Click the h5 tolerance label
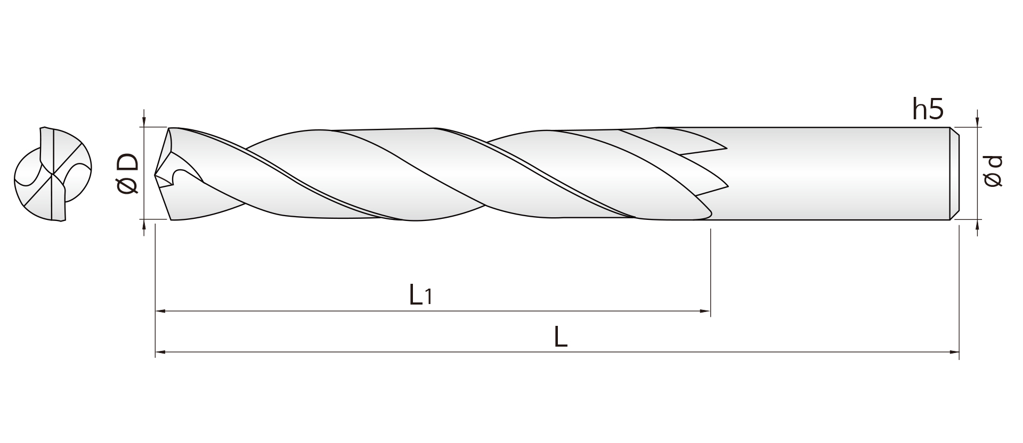pos(928,109)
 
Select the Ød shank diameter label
pos(993,171)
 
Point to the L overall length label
pos(561,337)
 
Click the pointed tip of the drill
pos(155,174)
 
